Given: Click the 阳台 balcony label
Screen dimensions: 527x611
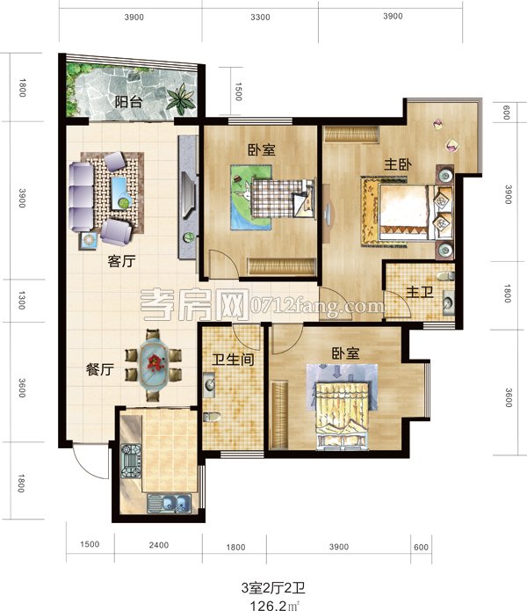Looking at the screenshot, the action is pyautogui.click(x=128, y=102).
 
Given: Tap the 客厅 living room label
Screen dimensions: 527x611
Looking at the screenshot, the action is pyautogui.click(x=121, y=261).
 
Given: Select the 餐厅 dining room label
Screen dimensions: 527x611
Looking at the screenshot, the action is pyautogui.click(x=100, y=369).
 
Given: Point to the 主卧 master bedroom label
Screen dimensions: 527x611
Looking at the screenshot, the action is pyautogui.click(x=398, y=164).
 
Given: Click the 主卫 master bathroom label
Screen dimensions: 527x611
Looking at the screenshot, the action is pyautogui.click(x=420, y=292).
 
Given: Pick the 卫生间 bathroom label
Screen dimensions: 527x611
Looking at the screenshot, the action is pyautogui.click(x=233, y=360).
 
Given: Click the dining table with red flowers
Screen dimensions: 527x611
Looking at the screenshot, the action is pyautogui.click(x=154, y=365).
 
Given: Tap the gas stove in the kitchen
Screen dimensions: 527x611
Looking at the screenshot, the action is pyautogui.click(x=131, y=461).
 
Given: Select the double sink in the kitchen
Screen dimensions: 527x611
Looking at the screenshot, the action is pyautogui.click(x=170, y=503).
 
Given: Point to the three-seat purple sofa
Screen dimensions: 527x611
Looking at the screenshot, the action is pyautogui.click(x=82, y=197).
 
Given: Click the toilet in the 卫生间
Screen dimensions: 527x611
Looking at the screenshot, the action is pyautogui.click(x=212, y=417).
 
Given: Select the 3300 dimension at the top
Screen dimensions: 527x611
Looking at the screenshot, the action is pyautogui.click(x=260, y=18).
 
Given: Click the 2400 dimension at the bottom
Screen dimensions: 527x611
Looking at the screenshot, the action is pyautogui.click(x=159, y=545).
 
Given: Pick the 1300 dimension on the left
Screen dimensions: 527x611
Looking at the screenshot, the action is pyautogui.click(x=22, y=301).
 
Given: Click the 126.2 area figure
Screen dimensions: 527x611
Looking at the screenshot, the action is pyautogui.click(x=269, y=605).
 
